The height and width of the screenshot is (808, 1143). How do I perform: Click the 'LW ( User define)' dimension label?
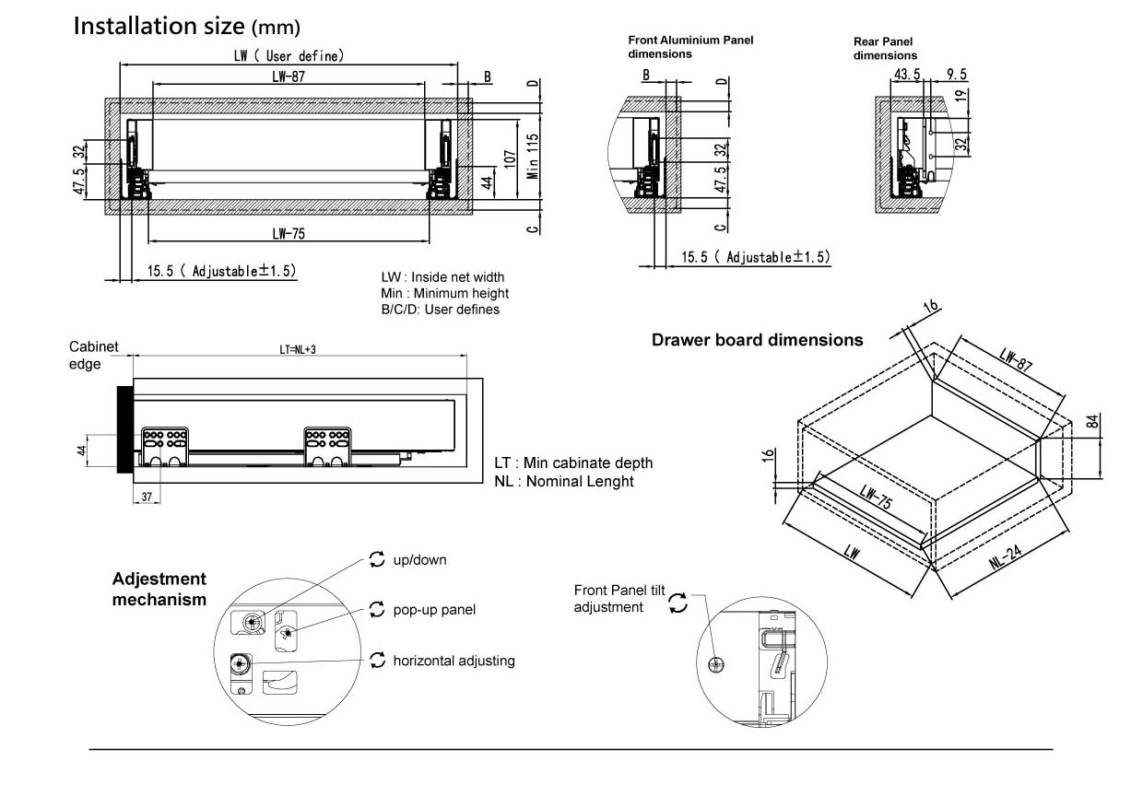(x=289, y=56)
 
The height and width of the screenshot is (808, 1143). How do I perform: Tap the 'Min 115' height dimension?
(x=532, y=156)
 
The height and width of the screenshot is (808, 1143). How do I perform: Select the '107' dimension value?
(x=510, y=158)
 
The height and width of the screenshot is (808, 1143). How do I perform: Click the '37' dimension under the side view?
(x=147, y=497)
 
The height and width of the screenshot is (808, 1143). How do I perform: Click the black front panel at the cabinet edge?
(x=124, y=429)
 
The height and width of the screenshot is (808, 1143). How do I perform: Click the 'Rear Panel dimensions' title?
(x=884, y=48)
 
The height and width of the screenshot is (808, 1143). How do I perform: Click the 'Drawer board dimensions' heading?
(x=757, y=340)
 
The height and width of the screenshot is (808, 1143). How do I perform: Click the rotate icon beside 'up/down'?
(x=376, y=559)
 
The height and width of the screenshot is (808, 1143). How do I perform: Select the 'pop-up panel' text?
(x=434, y=610)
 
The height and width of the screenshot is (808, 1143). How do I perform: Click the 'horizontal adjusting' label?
(x=454, y=661)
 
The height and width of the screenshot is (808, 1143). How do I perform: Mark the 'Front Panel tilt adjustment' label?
(x=619, y=598)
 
